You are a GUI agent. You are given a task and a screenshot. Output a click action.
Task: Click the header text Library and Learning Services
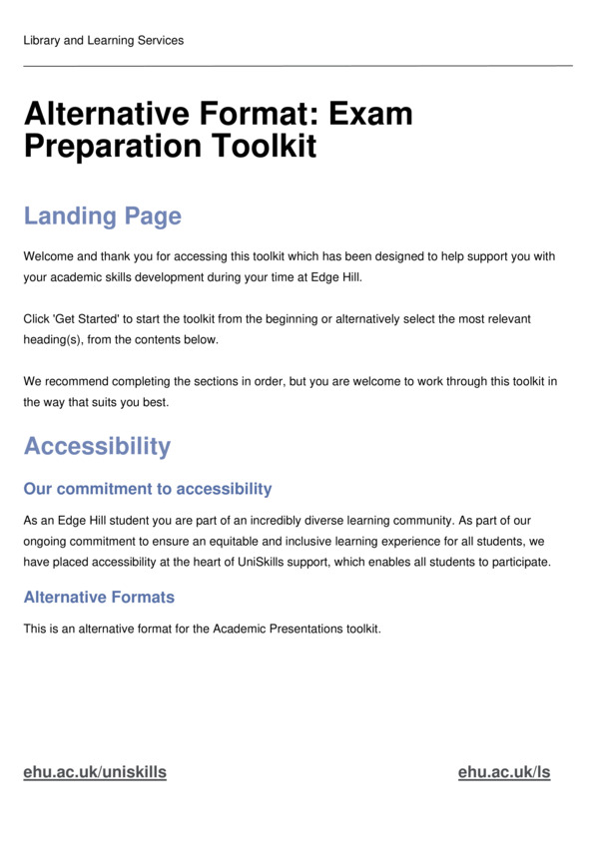click(x=103, y=40)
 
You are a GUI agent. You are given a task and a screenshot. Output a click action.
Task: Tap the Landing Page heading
click(x=102, y=216)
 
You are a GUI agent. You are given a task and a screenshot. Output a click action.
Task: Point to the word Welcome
click(x=49, y=256)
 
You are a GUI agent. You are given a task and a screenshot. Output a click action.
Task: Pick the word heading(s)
click(x=56, y=340)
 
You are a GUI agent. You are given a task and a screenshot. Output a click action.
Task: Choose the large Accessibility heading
click(x=97, y=446)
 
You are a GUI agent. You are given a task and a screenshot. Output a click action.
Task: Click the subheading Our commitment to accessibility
click(x=147, y=489)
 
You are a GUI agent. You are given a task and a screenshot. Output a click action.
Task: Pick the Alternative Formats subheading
click(x=99, y=598)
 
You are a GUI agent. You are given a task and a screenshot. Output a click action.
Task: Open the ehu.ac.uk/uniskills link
click(x=95, y=772)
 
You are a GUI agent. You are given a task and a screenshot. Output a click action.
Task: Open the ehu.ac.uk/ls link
click(x=504, y=772)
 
